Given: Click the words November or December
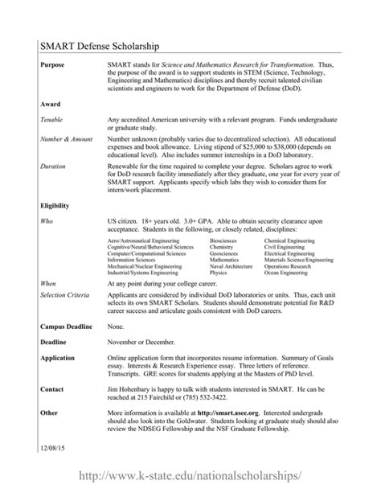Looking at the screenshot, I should click(x=141, y=341).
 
